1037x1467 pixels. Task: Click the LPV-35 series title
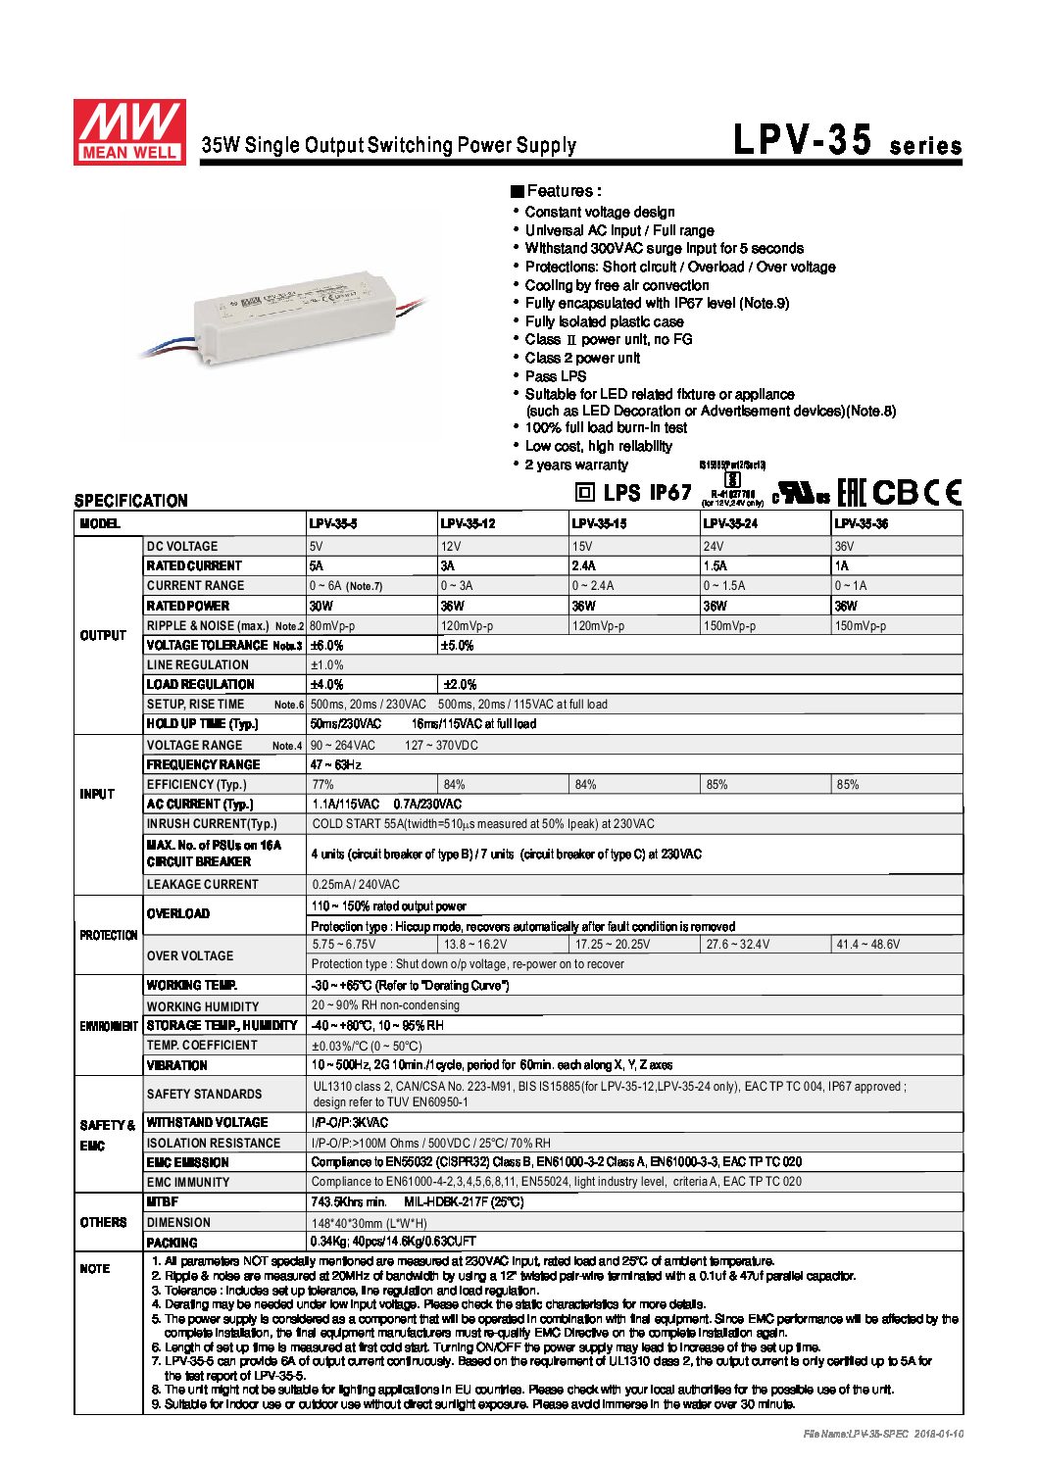coord(847,141)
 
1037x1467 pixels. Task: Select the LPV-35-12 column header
coord(468,524)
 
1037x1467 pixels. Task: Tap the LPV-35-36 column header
coord(862,524)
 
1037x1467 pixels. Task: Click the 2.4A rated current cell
coord(584,565)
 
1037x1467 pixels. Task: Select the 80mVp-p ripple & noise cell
coord(332,625)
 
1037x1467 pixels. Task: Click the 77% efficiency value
coord(322,784)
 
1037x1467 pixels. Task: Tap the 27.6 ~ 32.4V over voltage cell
coord(738,945)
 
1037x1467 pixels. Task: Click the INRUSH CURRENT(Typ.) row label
coord(212,824)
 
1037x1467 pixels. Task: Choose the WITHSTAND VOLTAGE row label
coord(207,1122)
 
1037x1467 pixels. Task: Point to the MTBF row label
coord(163,1201)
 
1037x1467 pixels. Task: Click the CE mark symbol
coord(945,492)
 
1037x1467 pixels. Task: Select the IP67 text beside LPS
coord(670,492)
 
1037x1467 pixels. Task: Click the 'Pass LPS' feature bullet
coord(555,376)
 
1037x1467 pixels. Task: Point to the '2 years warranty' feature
coord(575,465)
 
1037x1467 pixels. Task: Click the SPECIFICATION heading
coord(130,501)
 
